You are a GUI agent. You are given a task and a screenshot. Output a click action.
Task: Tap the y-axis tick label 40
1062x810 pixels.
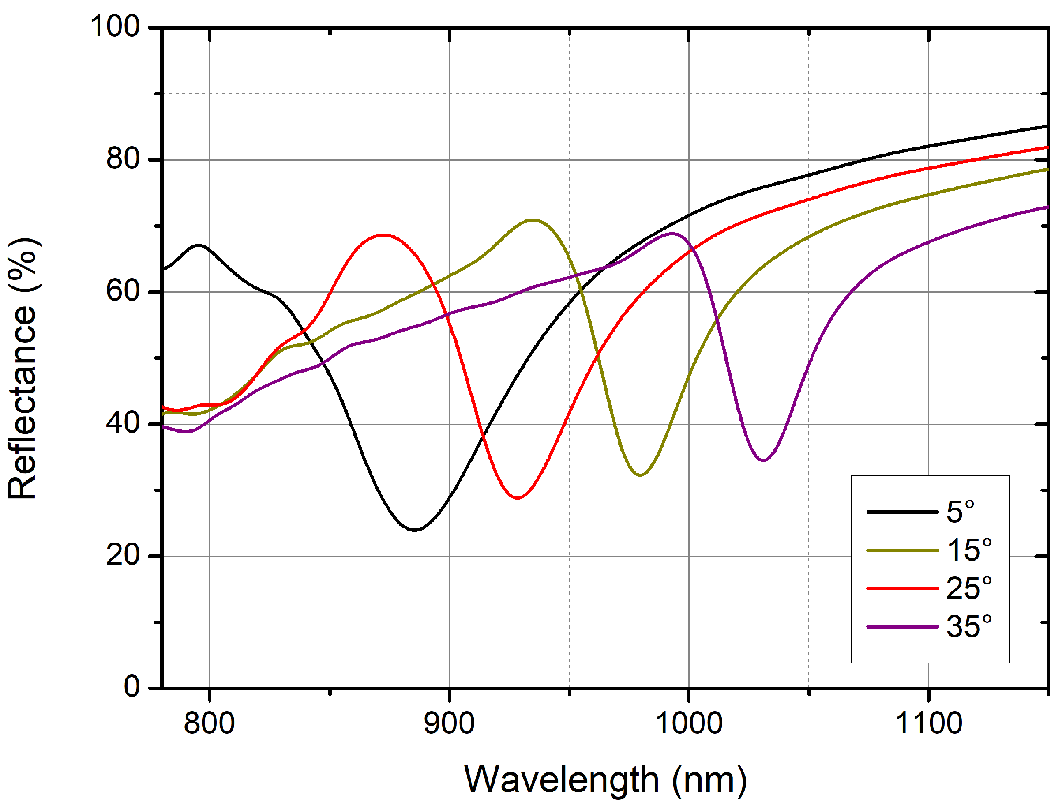[x=123, y=423]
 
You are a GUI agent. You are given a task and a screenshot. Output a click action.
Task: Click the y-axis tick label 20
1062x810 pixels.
[x=123, y=555]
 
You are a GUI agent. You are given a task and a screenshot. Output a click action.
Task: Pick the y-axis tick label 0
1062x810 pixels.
[x=131, y=686]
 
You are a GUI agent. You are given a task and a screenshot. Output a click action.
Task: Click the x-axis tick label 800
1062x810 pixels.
[x=209, y=723]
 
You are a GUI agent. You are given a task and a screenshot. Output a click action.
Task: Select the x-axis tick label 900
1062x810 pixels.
[x=449, y=723]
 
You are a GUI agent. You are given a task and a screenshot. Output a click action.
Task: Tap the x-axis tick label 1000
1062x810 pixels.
[x=689, y=723]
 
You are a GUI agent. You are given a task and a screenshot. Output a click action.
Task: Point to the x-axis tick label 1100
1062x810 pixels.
[x=928, y=723]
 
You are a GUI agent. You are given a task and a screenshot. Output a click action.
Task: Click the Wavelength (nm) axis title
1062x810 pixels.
[x=605, y=780]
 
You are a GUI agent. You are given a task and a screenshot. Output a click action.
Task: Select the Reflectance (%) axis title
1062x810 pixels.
[x=23, y=369]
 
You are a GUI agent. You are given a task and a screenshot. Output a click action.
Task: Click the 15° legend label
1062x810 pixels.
[x=969, y=550]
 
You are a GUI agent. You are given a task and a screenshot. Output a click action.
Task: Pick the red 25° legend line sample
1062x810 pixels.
[x=902, y=588]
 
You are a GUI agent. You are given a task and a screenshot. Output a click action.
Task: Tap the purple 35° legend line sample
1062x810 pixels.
[x=902, y=627]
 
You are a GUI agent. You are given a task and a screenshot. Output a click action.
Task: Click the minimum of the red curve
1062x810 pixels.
[x=518, y=497]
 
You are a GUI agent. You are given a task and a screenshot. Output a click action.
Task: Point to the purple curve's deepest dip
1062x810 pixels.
[x=764, y=460]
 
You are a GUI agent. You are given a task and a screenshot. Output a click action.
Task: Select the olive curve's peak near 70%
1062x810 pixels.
[x=533, y=220]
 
